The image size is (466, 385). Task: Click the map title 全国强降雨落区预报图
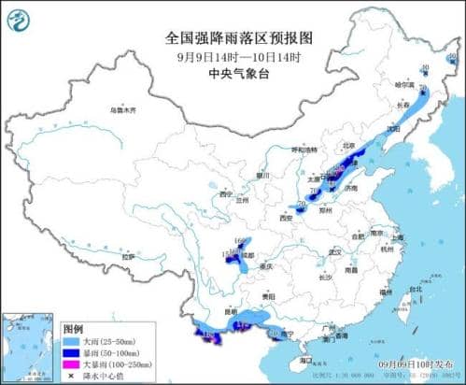click(x=233, y=37)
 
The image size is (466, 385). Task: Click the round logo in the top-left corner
click(x=20, y=19)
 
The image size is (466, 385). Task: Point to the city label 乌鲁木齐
click(x=122, y=110)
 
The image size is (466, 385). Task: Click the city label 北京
click(x=347, y=146)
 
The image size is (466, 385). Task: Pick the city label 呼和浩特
click(x=304, y=149)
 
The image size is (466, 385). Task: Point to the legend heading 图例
click(x=73, y=330)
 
